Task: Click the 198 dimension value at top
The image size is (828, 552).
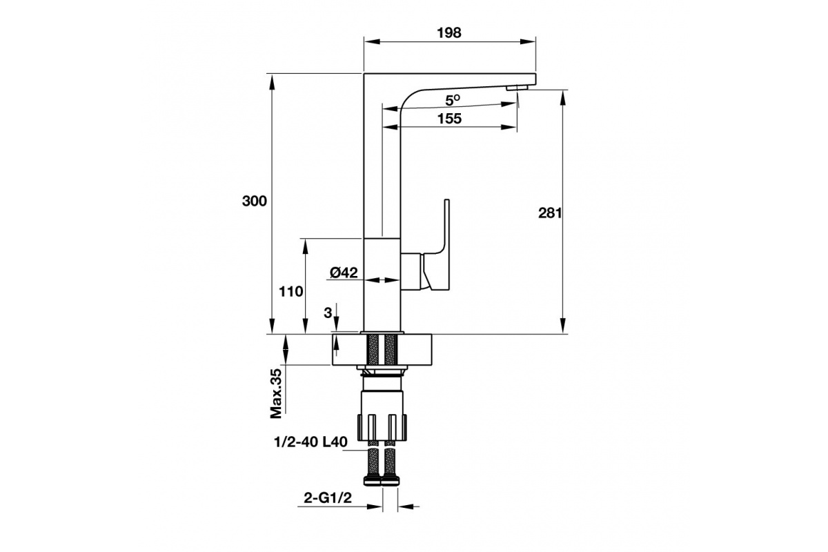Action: [x=449, y=33]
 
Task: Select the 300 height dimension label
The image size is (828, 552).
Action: [x=255, y=201]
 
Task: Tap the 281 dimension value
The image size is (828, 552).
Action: [x=550, y=213]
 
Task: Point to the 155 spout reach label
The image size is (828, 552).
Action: [x=449, y=119]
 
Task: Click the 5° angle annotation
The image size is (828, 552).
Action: [x=453, y=100]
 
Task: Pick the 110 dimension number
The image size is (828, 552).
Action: [x=291, y=292]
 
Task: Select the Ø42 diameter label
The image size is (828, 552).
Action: [x=344, y=273]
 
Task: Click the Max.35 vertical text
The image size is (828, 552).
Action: [x=276, y=393]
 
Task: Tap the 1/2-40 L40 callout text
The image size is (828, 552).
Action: [x=310, y=442]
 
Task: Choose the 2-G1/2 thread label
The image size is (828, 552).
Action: [x=328, y=498]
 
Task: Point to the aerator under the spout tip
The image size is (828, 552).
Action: [x=517, y=88]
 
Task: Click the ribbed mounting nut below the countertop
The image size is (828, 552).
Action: [x=382, y=426]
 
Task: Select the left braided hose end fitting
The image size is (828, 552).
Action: [x=372, y=480]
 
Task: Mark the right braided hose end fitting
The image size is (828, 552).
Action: [x=391, y=480]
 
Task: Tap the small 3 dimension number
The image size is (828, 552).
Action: [x=328, y=313]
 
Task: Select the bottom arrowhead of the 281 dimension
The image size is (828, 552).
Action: [x=562, y=326]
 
